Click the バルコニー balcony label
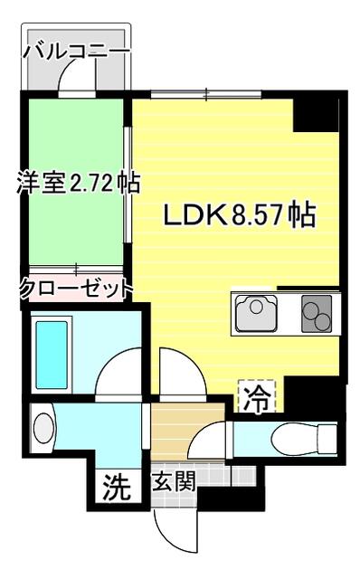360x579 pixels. point(77,51)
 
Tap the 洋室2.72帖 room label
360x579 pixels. point(78,184)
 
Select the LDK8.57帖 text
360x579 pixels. point(239,216)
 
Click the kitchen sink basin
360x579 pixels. point(258,316)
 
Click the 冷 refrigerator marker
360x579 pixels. point(256,396)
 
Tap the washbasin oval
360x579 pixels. point(43,426)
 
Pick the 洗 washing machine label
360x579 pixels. point(115,488)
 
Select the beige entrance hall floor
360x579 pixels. point(185,434)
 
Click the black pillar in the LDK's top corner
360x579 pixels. point(316,113)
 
